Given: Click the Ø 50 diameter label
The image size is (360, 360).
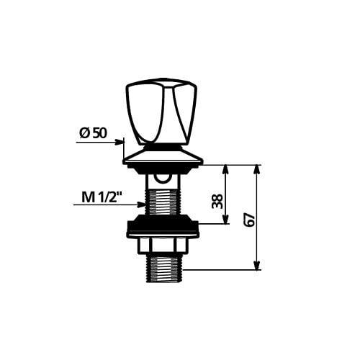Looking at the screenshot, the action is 93,133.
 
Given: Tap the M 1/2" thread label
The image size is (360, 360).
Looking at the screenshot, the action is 101,197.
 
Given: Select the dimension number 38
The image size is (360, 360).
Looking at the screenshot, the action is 217,201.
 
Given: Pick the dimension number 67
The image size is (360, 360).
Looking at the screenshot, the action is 249,220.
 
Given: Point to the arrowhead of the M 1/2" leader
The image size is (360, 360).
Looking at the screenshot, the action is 141,204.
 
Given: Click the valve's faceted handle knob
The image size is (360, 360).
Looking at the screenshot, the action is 161,111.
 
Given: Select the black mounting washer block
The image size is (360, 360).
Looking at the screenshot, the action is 163,226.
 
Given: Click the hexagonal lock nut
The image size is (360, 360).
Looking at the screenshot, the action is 162,246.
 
